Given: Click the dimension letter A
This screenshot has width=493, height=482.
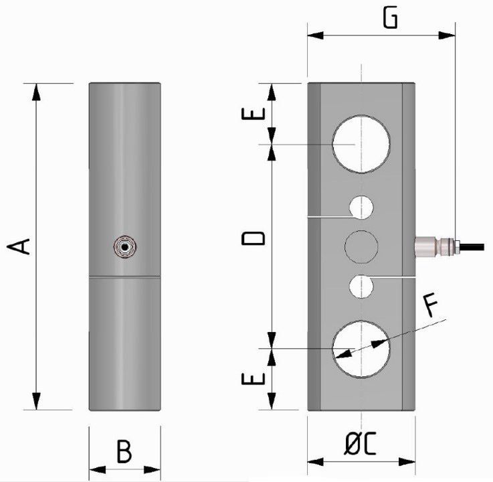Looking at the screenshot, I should point(20,246).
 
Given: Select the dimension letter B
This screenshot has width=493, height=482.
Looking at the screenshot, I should point(124,452).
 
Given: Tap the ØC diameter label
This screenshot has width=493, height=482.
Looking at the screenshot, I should point(361,445).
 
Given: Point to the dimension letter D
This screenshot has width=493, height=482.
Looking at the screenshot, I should point(255,238).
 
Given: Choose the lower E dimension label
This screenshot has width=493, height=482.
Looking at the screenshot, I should point(255,378).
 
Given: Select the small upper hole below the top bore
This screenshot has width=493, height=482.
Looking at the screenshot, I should point(361,208).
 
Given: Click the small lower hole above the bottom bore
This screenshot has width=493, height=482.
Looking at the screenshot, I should point(361,286).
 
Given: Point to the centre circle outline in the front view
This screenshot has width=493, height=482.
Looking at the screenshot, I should point(361,246).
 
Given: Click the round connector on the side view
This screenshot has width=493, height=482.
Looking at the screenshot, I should point(124,246).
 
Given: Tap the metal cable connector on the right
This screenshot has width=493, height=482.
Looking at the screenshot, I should point(431,246).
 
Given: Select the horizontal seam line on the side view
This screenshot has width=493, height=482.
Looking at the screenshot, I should point(124,276).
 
